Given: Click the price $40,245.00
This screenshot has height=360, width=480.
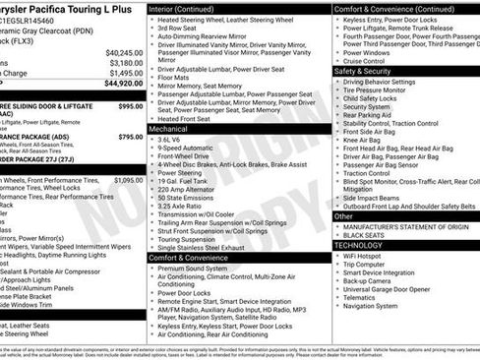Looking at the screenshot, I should [x=124, y=52].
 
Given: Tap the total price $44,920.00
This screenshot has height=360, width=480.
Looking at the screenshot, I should [x=124, y=84].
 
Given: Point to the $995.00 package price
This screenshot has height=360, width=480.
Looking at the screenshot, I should [x=131, y=105].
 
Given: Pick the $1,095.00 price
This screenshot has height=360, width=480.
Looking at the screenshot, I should [x=128, y=180].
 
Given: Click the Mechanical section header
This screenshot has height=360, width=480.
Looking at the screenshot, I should [x=168, y=129].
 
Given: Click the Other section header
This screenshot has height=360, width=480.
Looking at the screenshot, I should [x=343, y=215].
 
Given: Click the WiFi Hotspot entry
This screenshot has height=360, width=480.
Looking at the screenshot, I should [x=364, y=256].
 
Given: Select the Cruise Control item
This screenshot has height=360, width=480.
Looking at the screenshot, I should [x=366, y=61].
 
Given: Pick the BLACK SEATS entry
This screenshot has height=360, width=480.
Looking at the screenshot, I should [x=363, y=236].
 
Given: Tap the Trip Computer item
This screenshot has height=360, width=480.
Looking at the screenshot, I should [x=365, y=265].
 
